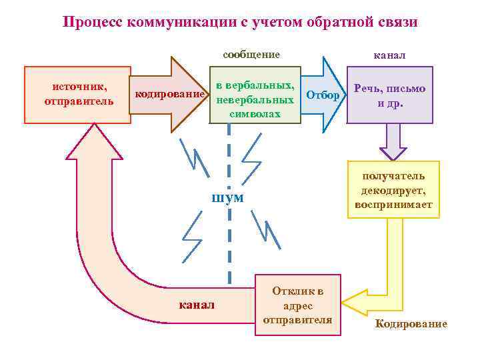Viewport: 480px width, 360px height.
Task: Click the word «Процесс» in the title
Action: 91,22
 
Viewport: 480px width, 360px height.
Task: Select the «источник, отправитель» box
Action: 77,95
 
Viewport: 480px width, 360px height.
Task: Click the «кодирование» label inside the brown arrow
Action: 169,95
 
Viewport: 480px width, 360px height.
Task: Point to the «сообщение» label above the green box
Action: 251,55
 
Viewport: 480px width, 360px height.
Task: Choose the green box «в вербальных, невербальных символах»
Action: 255,95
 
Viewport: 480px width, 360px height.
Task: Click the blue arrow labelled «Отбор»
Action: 324,95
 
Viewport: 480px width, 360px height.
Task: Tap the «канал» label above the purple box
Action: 391,55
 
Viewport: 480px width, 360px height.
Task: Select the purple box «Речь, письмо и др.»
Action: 390,95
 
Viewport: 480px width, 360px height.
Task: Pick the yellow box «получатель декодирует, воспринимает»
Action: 393,189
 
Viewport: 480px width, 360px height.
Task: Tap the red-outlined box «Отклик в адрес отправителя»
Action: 298,305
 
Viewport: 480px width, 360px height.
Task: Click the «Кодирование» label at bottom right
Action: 411,324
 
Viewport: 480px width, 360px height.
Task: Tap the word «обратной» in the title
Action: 330,22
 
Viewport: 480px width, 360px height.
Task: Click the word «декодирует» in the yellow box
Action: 393,190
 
